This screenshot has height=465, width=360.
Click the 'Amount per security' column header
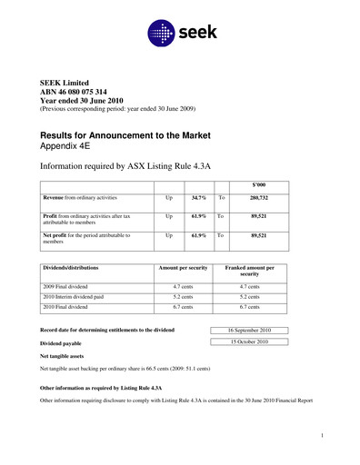click(185, 268)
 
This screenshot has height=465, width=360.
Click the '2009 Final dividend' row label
click(70, 286)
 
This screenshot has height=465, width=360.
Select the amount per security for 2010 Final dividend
click(185, 308)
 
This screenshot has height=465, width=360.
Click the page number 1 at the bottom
click(323, 438)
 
